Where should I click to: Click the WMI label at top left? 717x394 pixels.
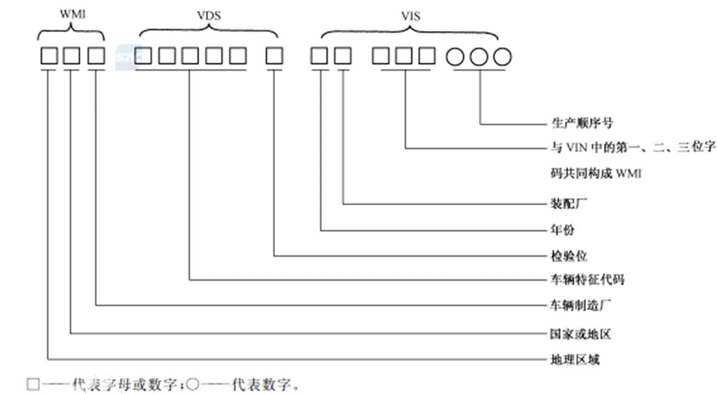pyautogui.click(x=72, y=13)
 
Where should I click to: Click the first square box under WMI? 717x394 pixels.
pyautogui.click(x=49, y=57)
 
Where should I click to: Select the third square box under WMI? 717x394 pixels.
pyautogui.click(x=96, y=57)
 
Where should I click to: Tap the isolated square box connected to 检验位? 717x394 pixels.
pyautogui.click(x=274, y=57)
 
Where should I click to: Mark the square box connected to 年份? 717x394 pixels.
pyautogui.click(x=319, y=57)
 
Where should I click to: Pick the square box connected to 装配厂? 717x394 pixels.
pyautogui.click(x=343, y=57)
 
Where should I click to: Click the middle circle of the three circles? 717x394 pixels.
pyautogui.click(x=480, y=57)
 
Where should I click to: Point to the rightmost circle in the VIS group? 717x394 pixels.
pyautogui.click(x=503, y=57)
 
